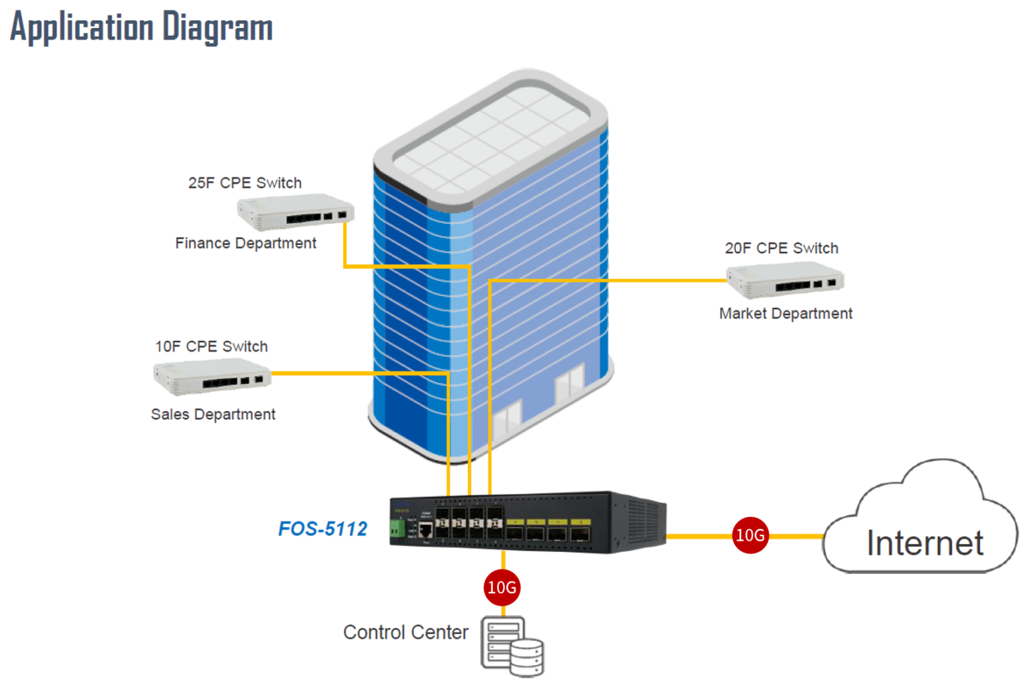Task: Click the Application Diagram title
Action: click(141, 28)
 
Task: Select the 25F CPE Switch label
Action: click(245, 183)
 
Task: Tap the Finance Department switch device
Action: click(295, 212)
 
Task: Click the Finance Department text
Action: click(246, 244)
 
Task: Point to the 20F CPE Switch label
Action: click(781, 248)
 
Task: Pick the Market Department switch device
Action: click(784, 279)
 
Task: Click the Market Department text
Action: click(785, 314)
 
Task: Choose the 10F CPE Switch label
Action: click(212, 347)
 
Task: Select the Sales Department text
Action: click(213, 414)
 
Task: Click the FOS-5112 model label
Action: click(323, 529)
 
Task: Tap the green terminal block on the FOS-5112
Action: click(397, 529)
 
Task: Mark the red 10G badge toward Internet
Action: click(750, 535)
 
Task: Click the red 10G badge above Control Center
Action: click(502, 587)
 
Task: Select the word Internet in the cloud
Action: click(924, 543)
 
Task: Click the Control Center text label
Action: click(406, 632)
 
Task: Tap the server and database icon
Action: click(511, 646)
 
